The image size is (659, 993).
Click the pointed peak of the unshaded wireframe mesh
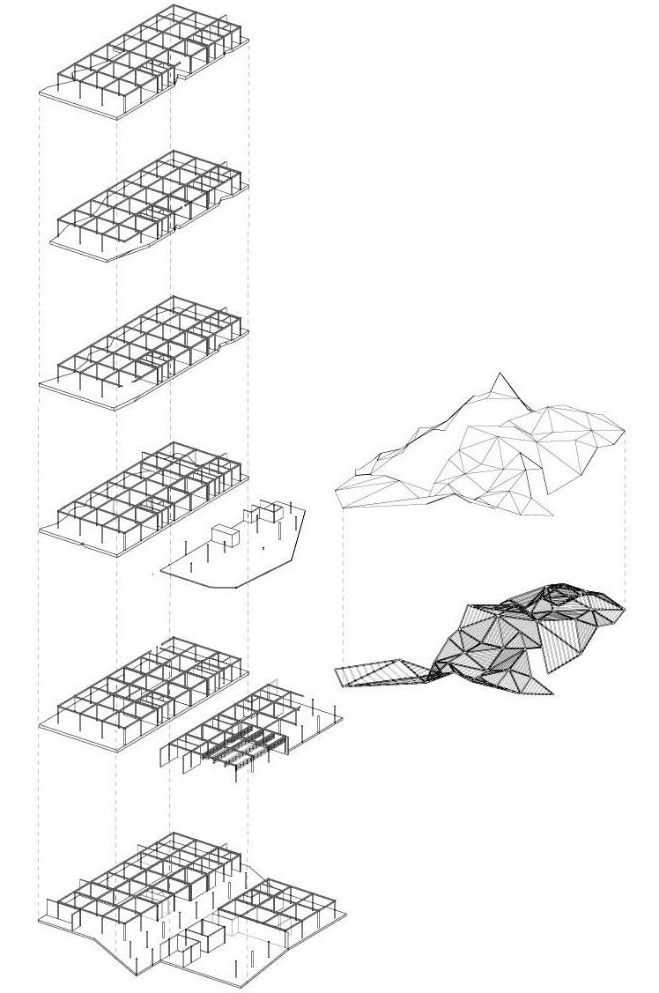(501, 375)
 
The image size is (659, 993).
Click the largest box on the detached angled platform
(226, 537)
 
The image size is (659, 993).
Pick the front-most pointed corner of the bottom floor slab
(137, 975)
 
